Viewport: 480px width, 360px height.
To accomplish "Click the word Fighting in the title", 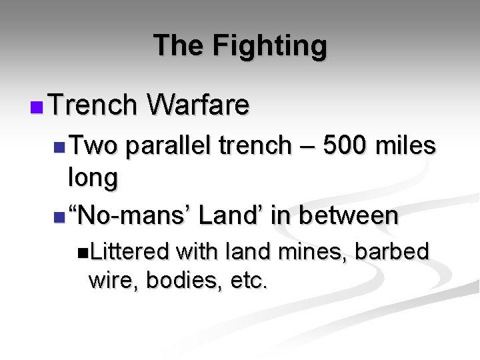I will pyautogui.click(x=270, y=47).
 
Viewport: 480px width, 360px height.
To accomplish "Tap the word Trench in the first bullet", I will pyautogui.click(x=93, y=105).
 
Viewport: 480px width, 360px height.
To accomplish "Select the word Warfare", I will pyautogui.click(x=199, y=105).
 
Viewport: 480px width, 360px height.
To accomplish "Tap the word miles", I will pyautogui.click(x=406, y=145).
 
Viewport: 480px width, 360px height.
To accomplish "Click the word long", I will pyautogui.click(x=93, y=178).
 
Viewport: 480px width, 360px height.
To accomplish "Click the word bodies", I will pyautogui.click(x=179, y=281).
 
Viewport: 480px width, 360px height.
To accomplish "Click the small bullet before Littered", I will pyautogui.click(x=82, y=252).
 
